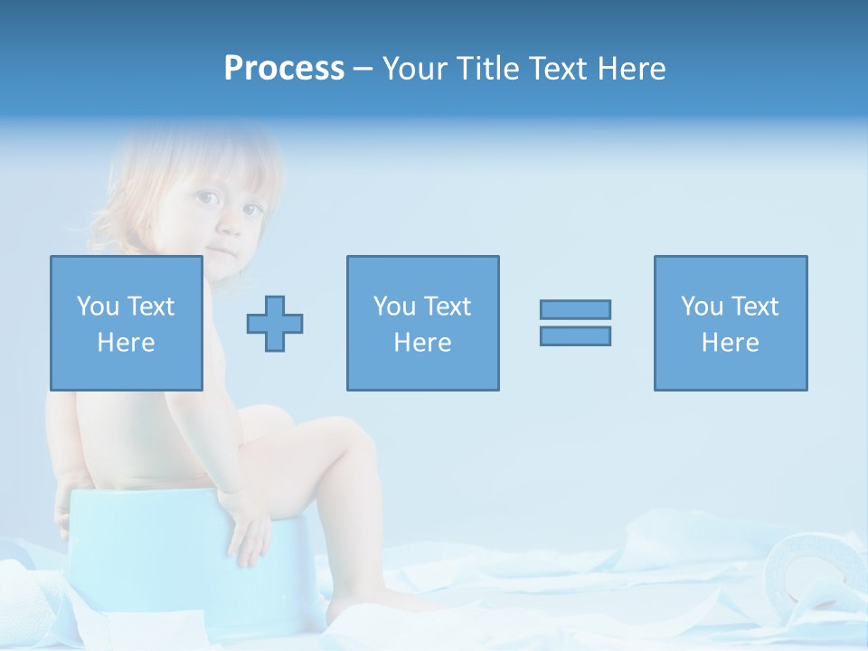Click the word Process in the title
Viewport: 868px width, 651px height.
point(284,69)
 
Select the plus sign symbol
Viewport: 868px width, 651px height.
point(275,323)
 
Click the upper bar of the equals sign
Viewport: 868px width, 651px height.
point(575,309)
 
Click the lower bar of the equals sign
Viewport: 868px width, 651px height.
point(575,335)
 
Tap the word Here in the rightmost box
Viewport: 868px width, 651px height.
point(731,343)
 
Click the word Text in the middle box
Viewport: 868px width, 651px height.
point(448,307)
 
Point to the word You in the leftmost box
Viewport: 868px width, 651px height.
point(98,307)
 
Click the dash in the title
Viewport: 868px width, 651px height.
point(363,69)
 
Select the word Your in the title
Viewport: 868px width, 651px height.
point(416,69)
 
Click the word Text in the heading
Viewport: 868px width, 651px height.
point(554,69)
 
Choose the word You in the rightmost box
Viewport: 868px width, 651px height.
point(703,307)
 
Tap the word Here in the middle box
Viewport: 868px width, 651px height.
point(422,343)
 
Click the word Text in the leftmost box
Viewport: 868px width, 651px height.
point(151,307)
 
